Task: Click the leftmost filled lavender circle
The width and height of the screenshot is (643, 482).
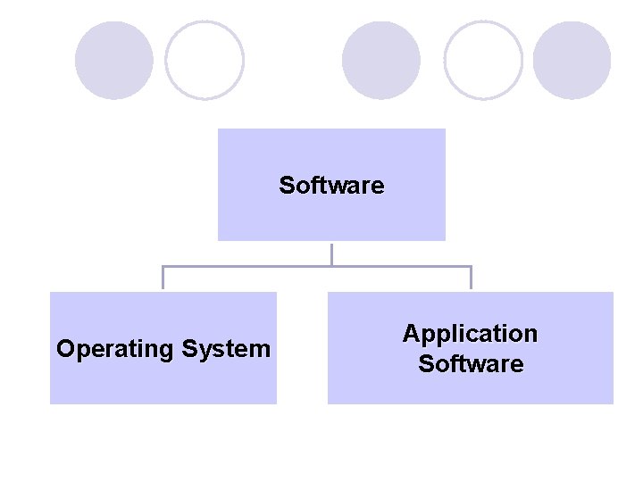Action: (x=113, y=61)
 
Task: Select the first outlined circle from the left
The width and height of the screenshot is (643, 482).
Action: (x=205, y=61)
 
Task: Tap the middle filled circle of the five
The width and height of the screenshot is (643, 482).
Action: (x=381, y=61)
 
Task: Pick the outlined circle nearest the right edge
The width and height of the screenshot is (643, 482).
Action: (x=483, y=61)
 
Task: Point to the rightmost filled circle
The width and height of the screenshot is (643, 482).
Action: (x=572, y=61)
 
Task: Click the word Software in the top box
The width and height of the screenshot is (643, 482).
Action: (x=331, y=186)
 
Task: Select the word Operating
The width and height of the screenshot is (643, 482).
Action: (x=114, y=349)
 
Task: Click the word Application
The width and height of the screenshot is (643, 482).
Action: (x=470, y=335)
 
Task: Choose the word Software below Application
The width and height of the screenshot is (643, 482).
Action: (x=471, y=364)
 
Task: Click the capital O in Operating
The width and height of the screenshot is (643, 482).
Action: (x=65, y=348)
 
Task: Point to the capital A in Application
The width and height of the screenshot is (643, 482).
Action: (x=411, y=334)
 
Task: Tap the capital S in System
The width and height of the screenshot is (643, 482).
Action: (x=188, y=348)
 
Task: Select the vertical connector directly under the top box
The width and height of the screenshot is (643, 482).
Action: (x=331, y=253)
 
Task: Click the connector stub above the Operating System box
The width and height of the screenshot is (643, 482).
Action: (x=163, y=278)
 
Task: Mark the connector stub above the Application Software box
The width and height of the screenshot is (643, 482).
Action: (x=471, y=278)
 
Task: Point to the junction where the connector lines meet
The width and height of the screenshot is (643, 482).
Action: (x=331, y=266)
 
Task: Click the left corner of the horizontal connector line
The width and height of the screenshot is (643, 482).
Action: (x=163, y=266)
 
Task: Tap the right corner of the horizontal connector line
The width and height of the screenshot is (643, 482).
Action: (x=471, y=266)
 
